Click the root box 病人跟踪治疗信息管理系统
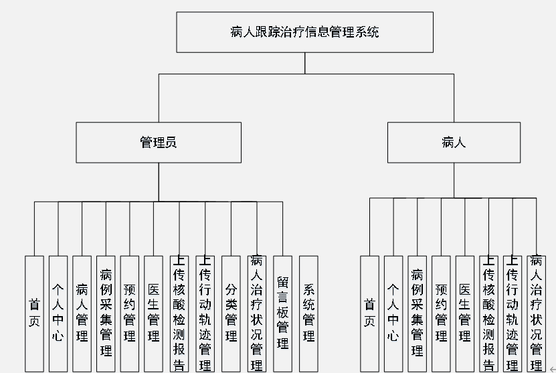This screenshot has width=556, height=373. (x=304, y=31)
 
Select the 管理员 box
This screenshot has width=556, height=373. (x=159, y=142)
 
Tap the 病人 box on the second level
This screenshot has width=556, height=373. (x=453, y=142)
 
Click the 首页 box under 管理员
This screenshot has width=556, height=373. (x=34, y=313)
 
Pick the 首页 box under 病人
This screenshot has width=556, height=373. (x=369, y=313)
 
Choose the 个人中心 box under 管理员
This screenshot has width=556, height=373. (x=58, y=313)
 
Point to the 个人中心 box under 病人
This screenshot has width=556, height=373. (x=393, y=313)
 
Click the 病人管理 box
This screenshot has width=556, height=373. (x=82, y=313)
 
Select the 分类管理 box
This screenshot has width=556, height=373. (x=231, y=313)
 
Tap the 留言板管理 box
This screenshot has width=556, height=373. (x=283, y=313)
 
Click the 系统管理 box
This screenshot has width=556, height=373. (x=308, y=313)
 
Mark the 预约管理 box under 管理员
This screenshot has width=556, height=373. (x=130, y=313)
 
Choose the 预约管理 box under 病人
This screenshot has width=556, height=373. (x=441, y=313)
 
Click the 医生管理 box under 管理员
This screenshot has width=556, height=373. (x=154, y=313)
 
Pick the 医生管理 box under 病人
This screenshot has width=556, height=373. (x=465, y=313)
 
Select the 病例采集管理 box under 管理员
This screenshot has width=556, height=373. (x=106, y=313)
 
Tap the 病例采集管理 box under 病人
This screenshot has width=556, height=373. (x=417, y=313)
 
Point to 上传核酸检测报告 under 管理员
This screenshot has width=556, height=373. (x=179, y=313)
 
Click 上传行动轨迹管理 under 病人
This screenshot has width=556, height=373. (x=513, y=313)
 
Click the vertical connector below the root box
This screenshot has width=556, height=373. (x=304, y=63)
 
